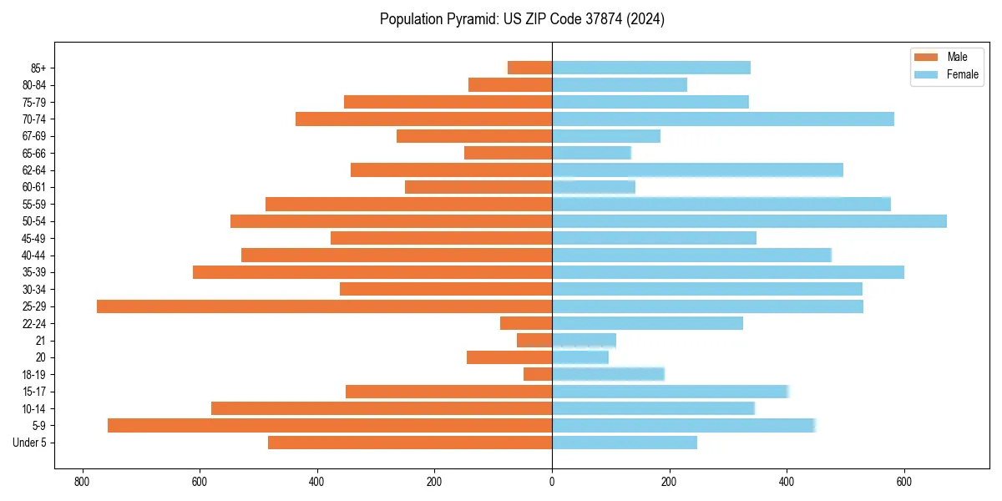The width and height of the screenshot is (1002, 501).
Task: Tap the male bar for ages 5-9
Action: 330,426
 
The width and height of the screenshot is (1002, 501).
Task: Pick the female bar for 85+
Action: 651,68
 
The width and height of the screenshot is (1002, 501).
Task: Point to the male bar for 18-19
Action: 538,374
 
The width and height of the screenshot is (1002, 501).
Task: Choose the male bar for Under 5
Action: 410,443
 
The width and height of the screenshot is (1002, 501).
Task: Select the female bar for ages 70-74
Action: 723,119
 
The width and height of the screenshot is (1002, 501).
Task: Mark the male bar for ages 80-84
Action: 510,84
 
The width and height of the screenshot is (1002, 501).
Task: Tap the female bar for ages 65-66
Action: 591,153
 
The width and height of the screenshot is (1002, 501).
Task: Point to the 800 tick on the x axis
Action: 82,483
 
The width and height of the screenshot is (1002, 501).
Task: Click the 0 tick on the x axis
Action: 552,483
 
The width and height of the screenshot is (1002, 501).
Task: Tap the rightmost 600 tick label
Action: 904,483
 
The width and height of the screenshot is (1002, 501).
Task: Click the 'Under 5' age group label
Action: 30,443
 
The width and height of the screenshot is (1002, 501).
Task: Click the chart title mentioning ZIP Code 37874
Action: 522,19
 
